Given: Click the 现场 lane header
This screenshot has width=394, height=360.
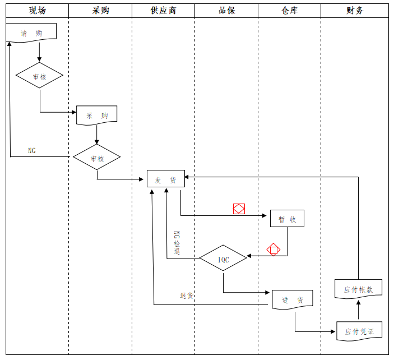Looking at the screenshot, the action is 37,11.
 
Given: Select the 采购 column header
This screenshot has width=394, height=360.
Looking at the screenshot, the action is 100,11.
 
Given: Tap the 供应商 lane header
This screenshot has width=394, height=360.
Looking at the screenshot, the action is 163,11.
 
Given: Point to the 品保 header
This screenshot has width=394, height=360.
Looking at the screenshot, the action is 226,11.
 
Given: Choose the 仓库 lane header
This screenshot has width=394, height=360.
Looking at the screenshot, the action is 289,11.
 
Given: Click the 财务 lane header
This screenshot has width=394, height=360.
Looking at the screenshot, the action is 355,11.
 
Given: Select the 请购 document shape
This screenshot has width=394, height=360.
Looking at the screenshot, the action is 31,33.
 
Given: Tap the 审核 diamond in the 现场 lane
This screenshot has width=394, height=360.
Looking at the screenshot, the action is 39,75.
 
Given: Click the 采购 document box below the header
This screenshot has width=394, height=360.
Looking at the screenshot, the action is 97,115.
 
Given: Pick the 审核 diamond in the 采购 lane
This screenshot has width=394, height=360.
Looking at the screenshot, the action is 97,157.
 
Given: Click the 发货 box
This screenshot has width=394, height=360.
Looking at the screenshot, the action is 166,178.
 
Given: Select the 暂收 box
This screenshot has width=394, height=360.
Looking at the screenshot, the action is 287,219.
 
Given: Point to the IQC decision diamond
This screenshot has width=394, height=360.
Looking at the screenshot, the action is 223,258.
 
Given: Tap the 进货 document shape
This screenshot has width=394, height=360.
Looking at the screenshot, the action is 293,299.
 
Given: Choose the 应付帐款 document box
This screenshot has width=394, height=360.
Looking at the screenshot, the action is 358,289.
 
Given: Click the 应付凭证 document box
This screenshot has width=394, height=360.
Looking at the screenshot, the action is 359,331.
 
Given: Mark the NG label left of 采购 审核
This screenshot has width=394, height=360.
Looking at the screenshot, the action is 32,151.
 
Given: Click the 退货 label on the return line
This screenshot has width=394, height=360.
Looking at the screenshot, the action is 187,296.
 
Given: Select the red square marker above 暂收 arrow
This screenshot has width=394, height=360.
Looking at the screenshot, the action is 239,209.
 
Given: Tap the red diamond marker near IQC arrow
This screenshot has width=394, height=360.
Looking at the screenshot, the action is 274,250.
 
